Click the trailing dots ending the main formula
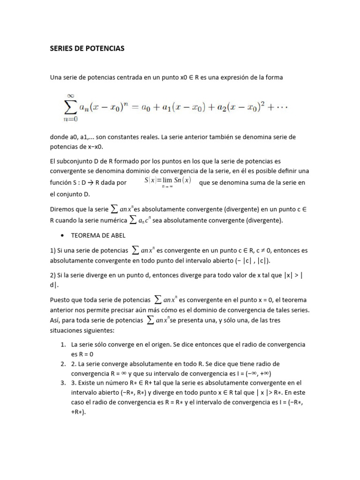(x=282, y=108)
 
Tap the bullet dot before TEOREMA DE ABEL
(x=62, y=236)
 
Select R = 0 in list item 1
(x=84, y=354)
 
